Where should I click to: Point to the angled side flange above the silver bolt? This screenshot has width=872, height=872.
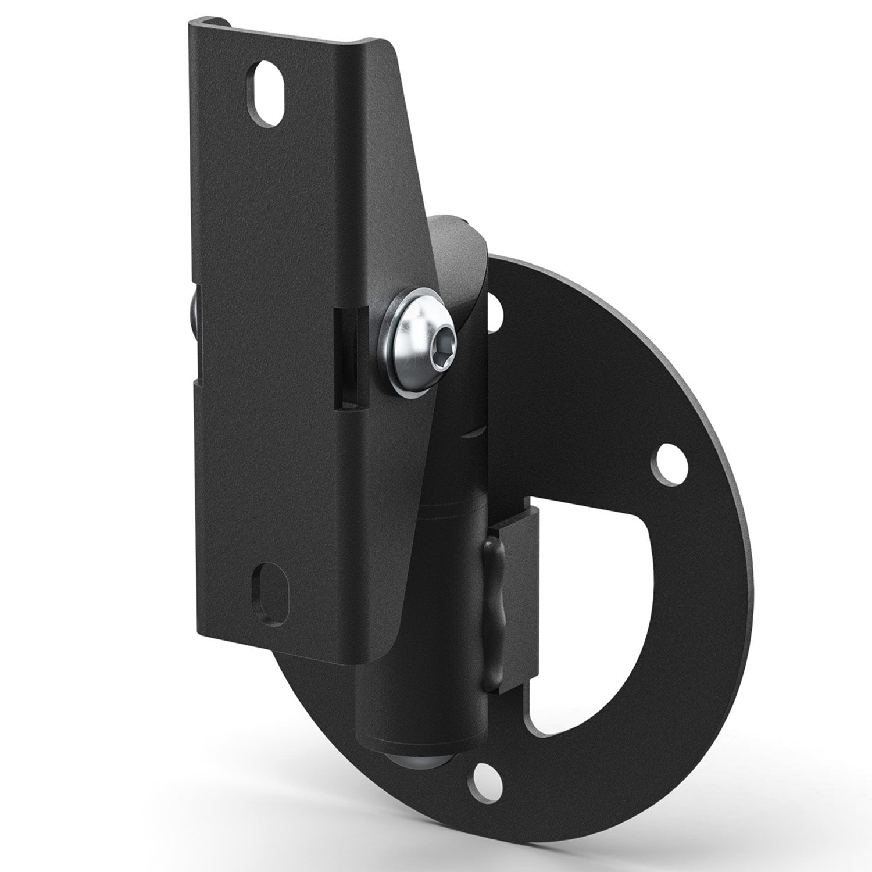coord(413,192)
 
